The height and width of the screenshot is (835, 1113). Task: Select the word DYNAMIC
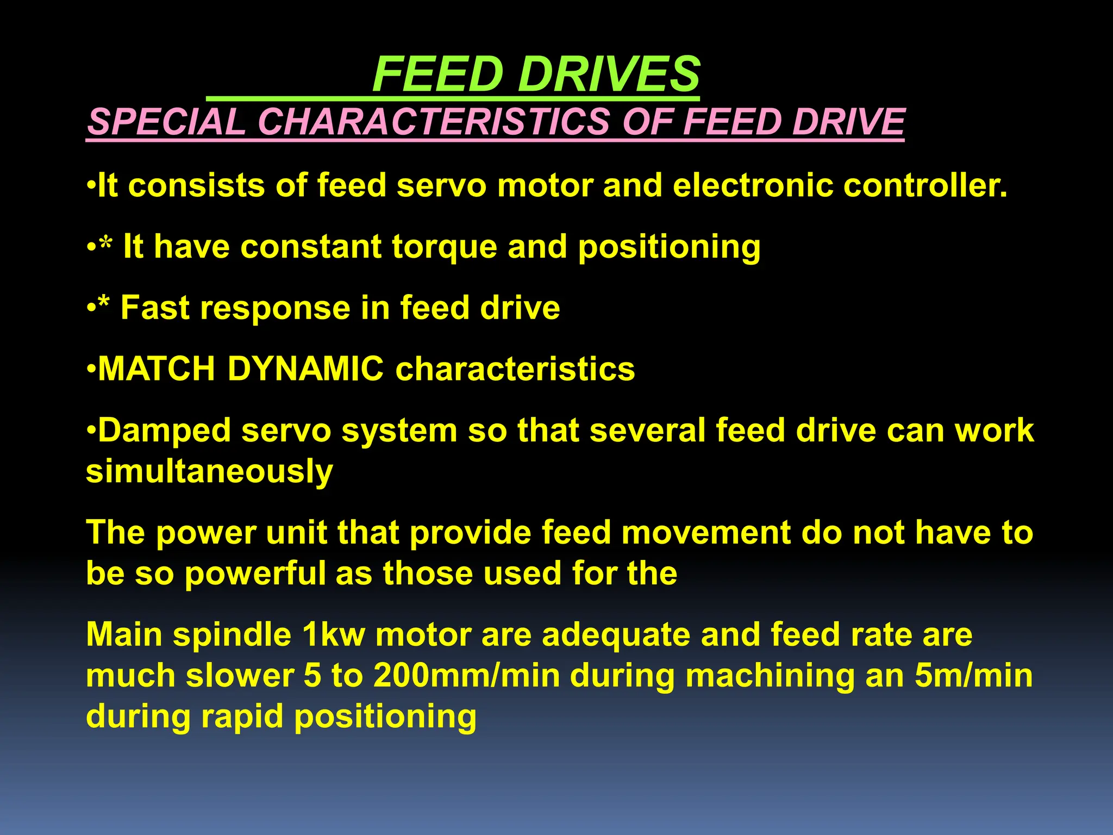click(305, 369)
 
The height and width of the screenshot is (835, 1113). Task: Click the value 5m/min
click(973, 676)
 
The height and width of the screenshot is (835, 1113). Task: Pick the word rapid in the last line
click(242, 717)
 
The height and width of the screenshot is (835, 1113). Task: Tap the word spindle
click(232, 635)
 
